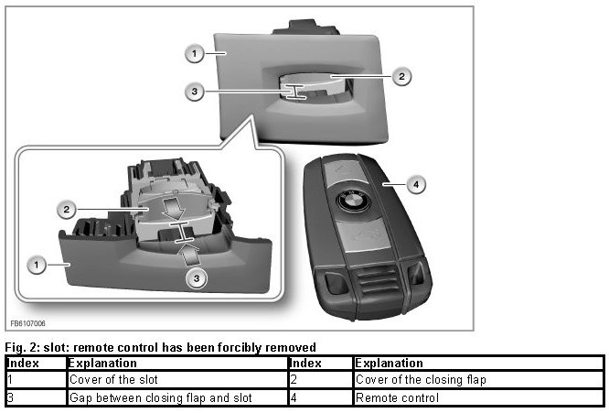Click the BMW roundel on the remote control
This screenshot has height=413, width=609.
click(352, 201)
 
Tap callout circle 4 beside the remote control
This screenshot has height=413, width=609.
click(416, 184)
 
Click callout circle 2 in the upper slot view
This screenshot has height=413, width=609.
click(401, 76)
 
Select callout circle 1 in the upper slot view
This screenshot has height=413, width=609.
click(195, 53)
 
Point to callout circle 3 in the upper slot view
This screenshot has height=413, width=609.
click(195, 92)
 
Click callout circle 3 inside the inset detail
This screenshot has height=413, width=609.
click(197, 278)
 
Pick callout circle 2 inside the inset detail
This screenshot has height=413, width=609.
click(67, 210)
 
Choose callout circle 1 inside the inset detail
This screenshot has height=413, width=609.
click(37, 266)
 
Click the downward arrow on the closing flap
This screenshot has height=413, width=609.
click(173, 209)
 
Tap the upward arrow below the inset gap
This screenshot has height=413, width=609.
click(188, 255)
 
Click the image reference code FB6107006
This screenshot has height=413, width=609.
click(28, 323)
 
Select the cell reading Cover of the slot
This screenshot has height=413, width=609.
click(113, 379)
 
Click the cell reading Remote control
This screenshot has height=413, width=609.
click(397, 397)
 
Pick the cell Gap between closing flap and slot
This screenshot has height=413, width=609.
click(160, 397)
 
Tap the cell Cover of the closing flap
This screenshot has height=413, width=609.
click(421, 379)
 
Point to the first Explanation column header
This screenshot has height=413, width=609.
click(102, 363)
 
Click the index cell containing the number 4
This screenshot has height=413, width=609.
click(321, 397)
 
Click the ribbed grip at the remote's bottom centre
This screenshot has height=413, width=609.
click(377, 283)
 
